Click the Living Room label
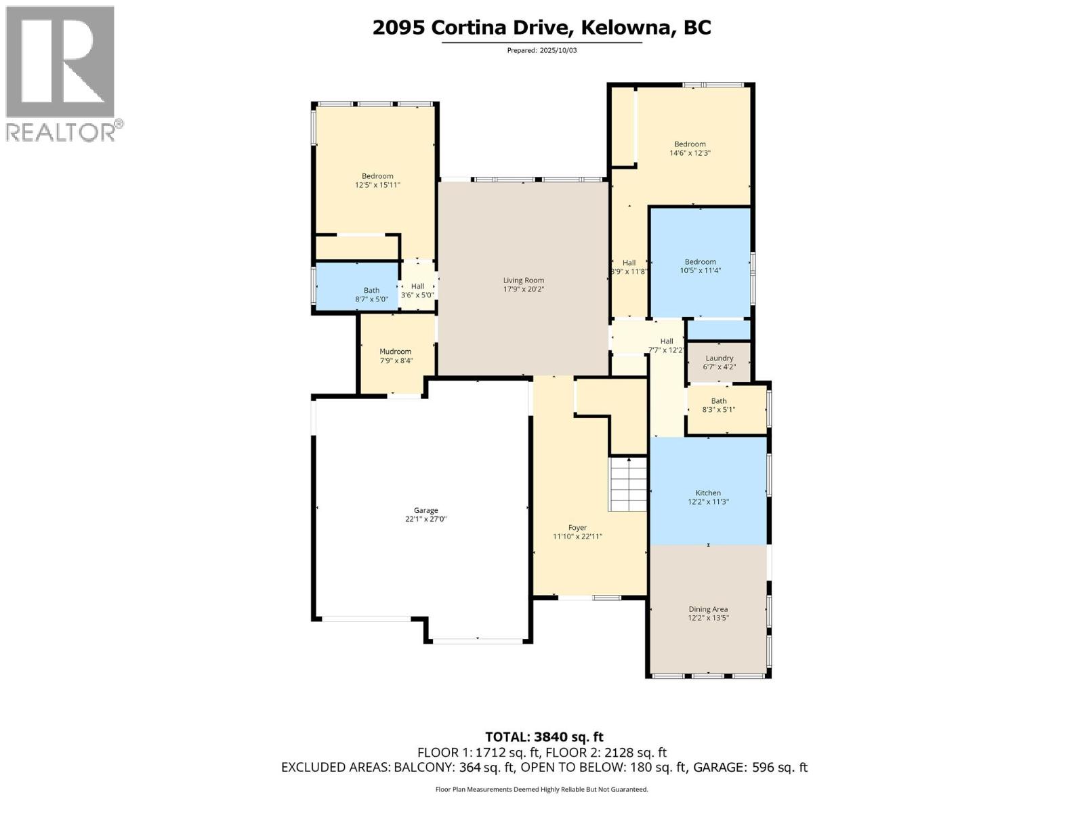523,280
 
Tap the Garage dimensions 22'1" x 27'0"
426,520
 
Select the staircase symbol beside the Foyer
629,484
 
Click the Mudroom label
395,352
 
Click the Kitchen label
708,493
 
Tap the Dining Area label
708,609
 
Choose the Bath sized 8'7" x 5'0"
371,295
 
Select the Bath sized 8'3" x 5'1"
718,405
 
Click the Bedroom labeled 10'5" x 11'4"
700,266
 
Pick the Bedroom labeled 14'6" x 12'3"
690,148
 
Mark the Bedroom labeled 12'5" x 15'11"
377,180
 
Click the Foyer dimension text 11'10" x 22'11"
577,537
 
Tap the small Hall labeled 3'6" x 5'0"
417,291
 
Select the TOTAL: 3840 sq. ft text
544,736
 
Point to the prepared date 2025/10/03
558,50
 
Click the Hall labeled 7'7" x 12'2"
667,346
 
